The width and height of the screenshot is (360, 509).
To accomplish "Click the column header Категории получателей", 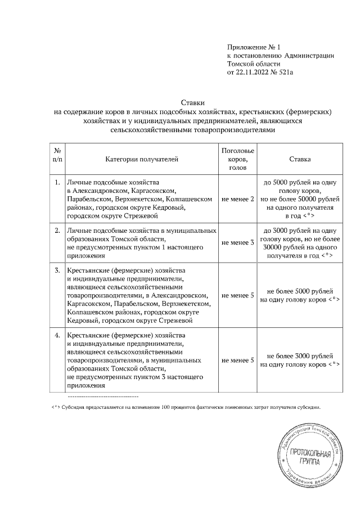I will pyautogui.click(x=141, y=160).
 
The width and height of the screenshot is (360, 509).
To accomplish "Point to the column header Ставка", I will pyautogui.click(x=300, y=160).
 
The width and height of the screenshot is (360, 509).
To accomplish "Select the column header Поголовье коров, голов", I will pyautogui.click(x=238, y=160).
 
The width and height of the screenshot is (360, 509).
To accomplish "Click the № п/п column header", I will pyautogui.click(x=57, y=156).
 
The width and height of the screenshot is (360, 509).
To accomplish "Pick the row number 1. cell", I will pyautogui.click(x=57, y=183).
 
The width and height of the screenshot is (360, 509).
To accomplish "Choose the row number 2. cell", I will pyautogui.click(x=57, y=231).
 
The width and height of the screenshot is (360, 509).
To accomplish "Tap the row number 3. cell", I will pyautogui.click(x=57, y=271).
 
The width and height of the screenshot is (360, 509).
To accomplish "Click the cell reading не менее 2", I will pyautogui.click(x=238, y=199).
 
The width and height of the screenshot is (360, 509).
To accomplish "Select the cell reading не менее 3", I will pyautogui.click(x=238, y=243).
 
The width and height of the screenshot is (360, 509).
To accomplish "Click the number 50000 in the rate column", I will pyautogui.click(x=312, y=199).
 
